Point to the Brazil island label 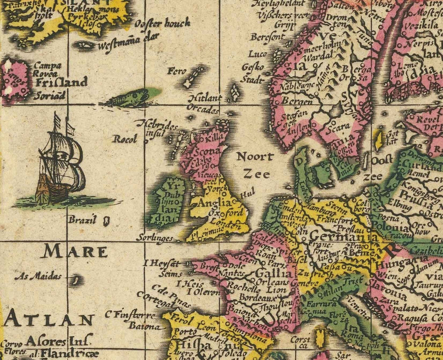[x=82, y=220]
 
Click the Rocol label [x=124, y=139]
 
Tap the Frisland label [x=61, y=82]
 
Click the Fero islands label [x=177, y=71]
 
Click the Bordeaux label [x=256, y=298]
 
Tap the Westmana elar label [x=121, y=47]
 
